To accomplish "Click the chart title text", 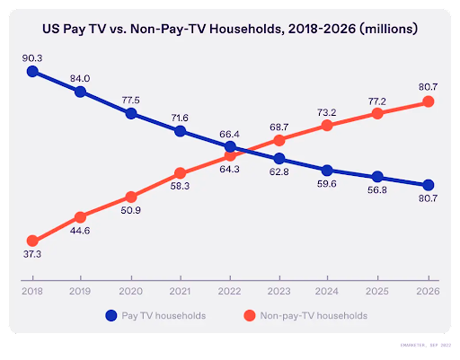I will [230, 29].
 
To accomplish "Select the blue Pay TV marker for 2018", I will [32, 71].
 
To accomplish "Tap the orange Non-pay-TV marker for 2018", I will [32, 241].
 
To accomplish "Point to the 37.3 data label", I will [32, 256].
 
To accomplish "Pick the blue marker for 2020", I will [131, 113].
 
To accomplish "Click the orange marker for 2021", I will [181, 172].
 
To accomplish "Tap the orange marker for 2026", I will [428, 101].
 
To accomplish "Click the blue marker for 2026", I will [428, 184].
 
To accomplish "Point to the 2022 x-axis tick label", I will [230, 291].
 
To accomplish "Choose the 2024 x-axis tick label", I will [328, 291].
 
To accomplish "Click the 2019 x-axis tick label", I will [82, 291].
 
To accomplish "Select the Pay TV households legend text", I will [166, 316].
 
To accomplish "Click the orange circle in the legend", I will [252, 316].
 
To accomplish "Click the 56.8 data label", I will [377, 191].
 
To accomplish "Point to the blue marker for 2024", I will [328, 170].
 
